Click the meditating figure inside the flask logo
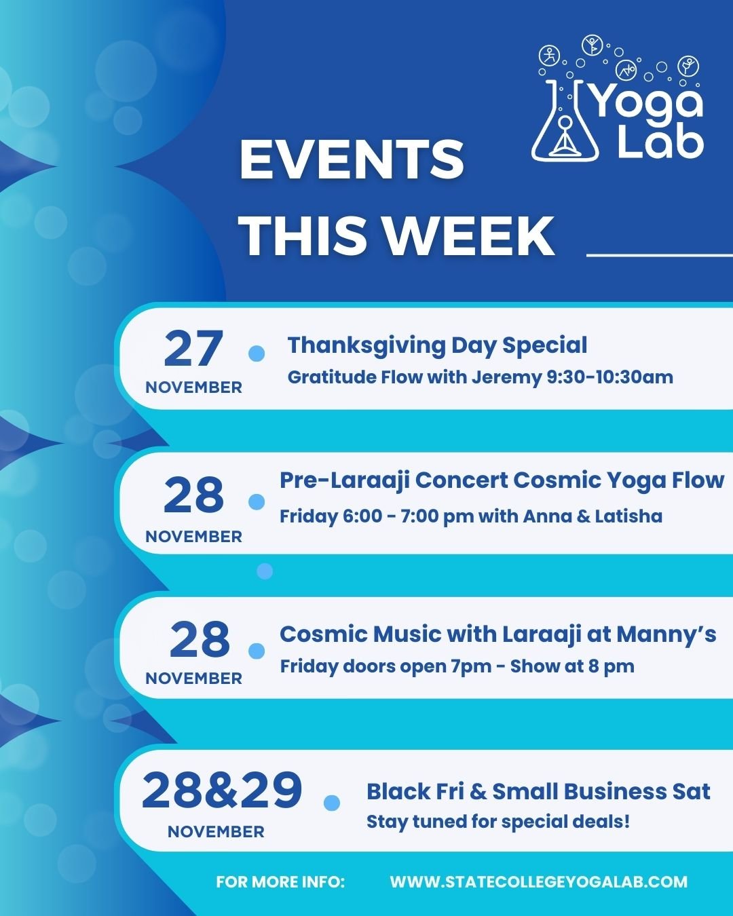point(564,135)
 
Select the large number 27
point(193,349)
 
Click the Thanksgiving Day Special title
point(437,345)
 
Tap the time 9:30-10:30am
point(610,377)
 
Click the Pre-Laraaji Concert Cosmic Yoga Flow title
point(502,480)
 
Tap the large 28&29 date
point(222,790)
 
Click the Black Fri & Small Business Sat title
point(538,791)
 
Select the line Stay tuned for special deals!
point(498,822)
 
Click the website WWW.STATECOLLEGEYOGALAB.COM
point(538,882)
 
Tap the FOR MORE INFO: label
point(280,882)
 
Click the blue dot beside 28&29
point(332,803)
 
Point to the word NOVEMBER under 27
point(193,387)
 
